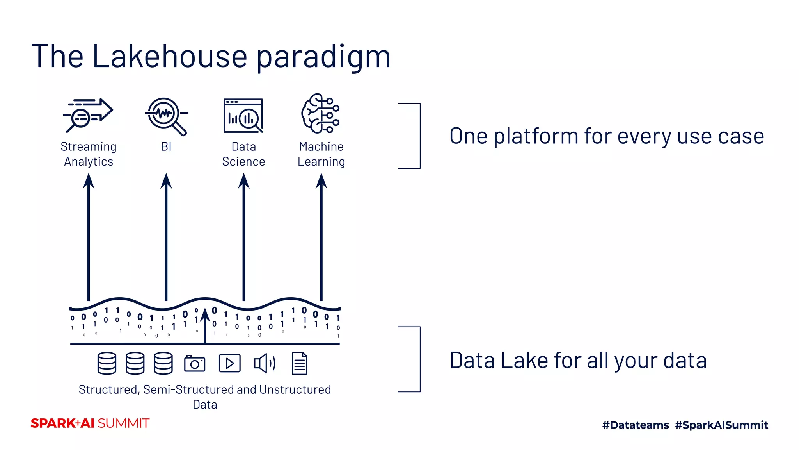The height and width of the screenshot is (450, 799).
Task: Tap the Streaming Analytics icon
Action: [x=88, y=115]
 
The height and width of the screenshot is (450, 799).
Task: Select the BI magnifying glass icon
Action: [x=166, y=116]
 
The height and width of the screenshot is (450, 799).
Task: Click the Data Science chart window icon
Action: [x=243, y=116]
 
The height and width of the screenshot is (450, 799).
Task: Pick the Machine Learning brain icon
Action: [x=320, y=113]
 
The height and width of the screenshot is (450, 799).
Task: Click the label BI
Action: [x=166, y=146]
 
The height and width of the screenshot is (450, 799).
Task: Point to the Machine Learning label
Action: [x=321, y=154]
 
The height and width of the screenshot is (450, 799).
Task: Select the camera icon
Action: [x=195, y=363]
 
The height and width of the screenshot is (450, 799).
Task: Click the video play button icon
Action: [x=229, y=363]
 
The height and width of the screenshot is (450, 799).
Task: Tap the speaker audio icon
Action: [x=265, y=363]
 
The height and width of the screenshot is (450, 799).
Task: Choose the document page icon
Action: [x=300, y=363]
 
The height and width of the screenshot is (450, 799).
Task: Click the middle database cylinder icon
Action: [x=135, y=363]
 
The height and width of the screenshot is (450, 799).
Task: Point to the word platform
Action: [x=536, y=136]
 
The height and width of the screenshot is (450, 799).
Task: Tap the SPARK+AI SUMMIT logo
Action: [x=90, y=423]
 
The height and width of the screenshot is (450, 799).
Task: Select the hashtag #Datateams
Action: [x=635, y=425]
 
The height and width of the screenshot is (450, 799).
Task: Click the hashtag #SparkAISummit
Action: [x=721, y=425]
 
